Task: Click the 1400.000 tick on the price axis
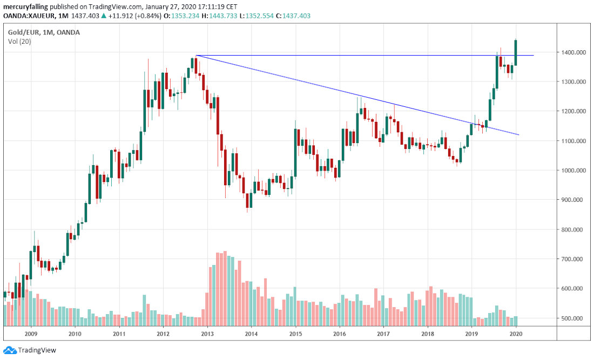(571, 52)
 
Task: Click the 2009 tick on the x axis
(31, 334)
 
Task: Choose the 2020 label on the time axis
(516, 334)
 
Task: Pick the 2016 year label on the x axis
(339, 334)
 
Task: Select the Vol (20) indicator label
(19, 41)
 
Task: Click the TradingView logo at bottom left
(29, 350)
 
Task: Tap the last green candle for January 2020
(516, 52)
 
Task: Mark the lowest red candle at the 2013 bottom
(247, 200)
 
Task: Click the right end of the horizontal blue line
(534, 55)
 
